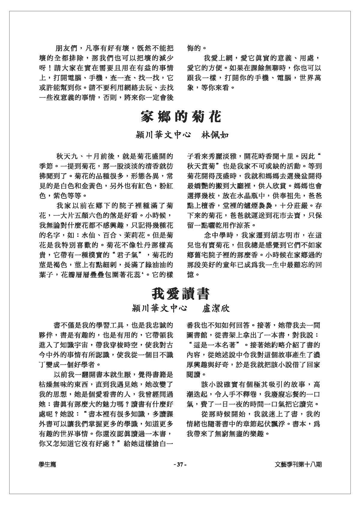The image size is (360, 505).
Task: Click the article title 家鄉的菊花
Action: click(x=181, y=117)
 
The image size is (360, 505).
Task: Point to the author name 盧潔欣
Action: click(x=216, y=308)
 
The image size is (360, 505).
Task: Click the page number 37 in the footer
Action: click(x=180, y=464)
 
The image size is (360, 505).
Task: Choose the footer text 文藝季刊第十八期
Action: click(x=298, y=464)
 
